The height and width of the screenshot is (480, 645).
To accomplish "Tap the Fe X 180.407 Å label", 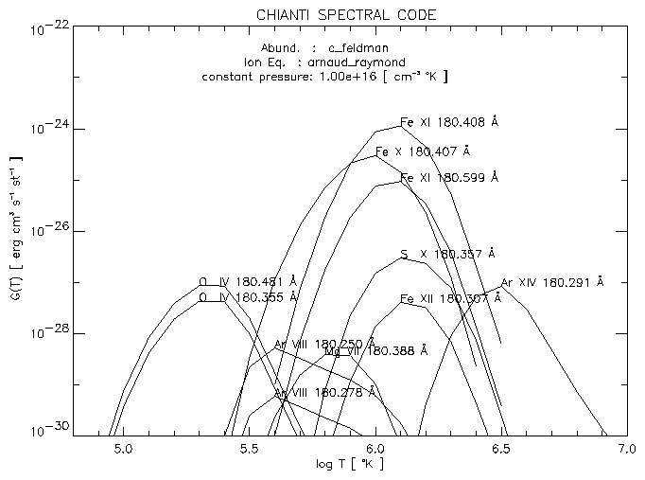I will tap(422, 151).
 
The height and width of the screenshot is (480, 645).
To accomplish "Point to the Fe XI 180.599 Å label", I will tap(448, 178).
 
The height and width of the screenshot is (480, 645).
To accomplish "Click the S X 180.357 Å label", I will tap(448, 255).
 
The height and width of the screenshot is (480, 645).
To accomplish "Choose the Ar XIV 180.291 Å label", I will tap(551, 282).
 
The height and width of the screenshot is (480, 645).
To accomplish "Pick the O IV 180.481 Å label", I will tap(248, 281).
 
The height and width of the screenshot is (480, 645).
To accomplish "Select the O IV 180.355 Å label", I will tap(248, 296).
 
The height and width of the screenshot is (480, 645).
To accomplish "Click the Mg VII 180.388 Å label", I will tap(375, 350).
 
